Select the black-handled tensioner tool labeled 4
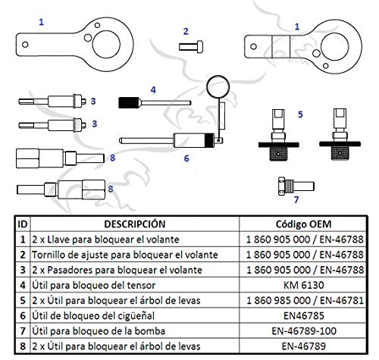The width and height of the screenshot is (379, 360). pyautogui.click(x=136, y=102)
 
